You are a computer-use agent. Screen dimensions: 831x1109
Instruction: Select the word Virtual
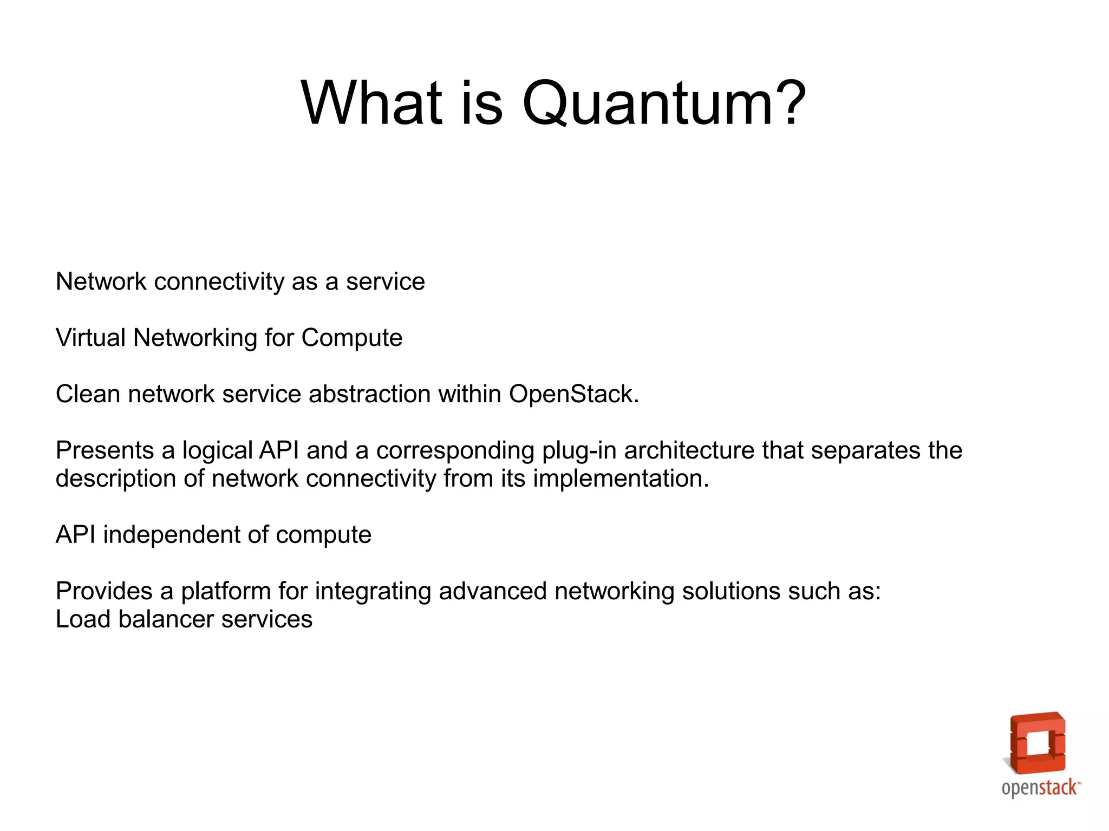tap(90, 338)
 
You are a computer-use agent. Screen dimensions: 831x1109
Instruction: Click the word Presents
tap(105, 450)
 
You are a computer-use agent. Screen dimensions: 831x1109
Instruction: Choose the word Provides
tap(104, 591)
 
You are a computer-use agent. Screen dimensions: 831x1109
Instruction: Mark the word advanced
tap(492, 591)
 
